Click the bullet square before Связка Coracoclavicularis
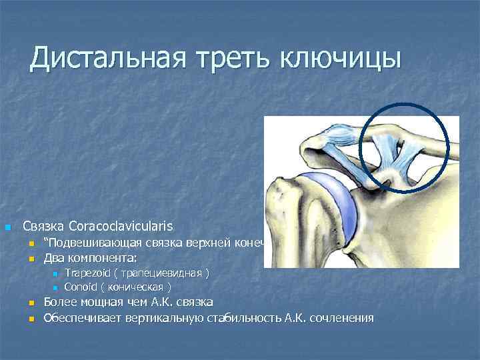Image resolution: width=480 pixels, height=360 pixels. coord(7,228)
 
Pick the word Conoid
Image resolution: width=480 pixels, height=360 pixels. coord(80,287)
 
